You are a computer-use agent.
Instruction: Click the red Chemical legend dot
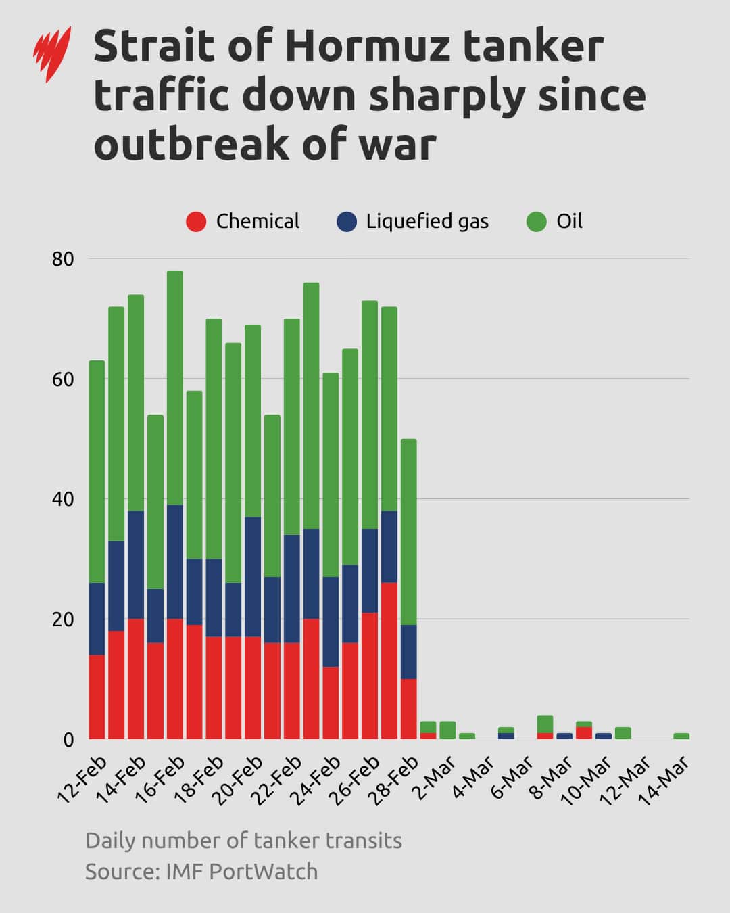coord(196,222)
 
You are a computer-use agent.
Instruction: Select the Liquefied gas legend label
coord(427,222)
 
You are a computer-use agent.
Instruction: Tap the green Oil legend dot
coord(536,222)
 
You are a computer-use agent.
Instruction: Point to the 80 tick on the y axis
coord(62,259)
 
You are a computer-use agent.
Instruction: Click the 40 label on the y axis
coord(62,500)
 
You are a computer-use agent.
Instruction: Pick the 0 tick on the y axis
coord(68,740)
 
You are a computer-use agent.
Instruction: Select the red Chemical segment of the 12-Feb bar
coord(97,697)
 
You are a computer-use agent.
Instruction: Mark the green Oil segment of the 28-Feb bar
coord(408,531)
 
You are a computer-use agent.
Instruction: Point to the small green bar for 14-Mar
coord(681,736)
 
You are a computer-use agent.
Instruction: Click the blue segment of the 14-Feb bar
coord(136,564)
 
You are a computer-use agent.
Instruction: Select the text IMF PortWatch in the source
coord(241,872)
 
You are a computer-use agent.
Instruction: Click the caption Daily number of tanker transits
coord(243,841)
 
